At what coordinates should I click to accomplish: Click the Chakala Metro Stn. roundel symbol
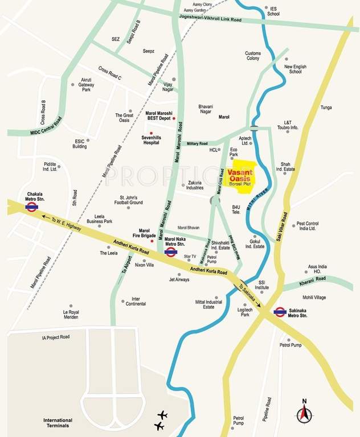32,207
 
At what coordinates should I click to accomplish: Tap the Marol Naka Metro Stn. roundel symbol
170,252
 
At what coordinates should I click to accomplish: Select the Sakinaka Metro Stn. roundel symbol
280,311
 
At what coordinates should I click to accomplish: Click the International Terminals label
66,423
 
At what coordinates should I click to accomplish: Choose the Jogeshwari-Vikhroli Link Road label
210,20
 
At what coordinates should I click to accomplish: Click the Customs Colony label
252,56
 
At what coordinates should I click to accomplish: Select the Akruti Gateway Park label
86,85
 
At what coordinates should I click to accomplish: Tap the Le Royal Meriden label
71,314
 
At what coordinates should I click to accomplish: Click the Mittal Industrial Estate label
208,304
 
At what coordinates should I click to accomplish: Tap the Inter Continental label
136,301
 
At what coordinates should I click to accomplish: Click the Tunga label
326,107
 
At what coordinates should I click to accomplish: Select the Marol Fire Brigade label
140,234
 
